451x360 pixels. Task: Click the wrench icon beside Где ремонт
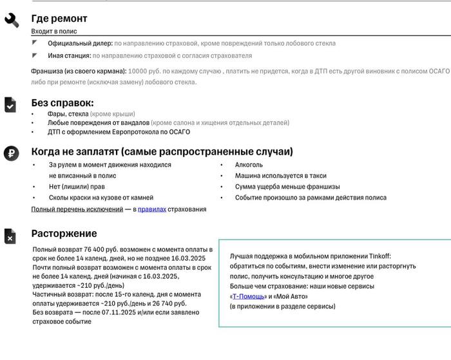pos(12,20)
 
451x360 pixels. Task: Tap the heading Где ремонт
pos(59,19)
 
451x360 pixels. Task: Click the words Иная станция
pos(69,55)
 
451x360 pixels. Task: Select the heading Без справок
pos(62,102)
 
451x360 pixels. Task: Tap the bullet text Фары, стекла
pos(69,114)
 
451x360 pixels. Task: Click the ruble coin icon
pos(11,153)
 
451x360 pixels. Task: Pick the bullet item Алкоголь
pos(249,165)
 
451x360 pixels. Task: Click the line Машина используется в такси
pos(280,176)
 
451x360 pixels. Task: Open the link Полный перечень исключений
pos(77,209)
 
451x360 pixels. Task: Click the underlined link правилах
pos(151,209)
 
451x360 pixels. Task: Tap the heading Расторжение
pos(64,233)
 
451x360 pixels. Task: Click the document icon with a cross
pos(10,236)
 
